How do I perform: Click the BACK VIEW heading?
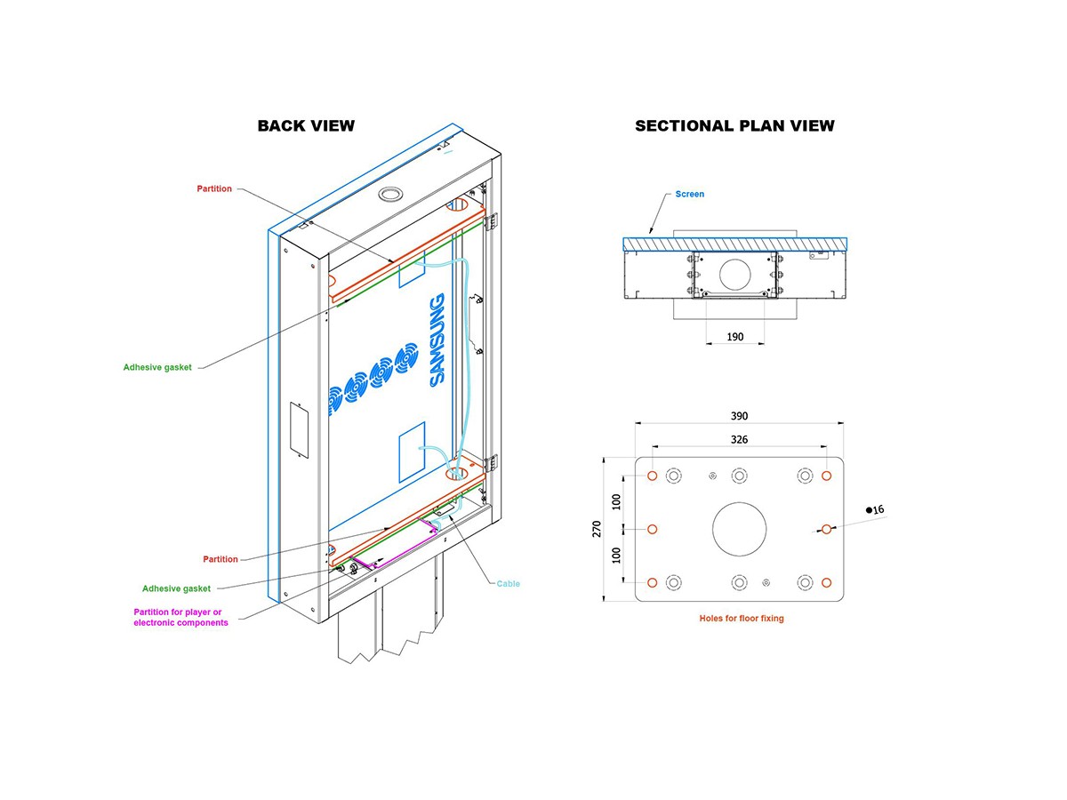(306, 125)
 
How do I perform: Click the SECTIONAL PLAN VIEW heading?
(734, 125)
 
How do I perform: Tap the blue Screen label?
(689, 194)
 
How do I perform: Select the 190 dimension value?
(734, 337)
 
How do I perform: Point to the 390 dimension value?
(739, 416)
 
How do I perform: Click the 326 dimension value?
(739, 439)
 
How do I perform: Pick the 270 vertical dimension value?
(597, 529)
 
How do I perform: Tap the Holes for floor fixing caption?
(742, 618)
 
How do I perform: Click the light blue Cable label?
(509, 584)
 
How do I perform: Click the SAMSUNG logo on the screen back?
(437, 340)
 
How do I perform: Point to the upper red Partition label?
(214, 188)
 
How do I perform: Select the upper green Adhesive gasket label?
(157, 366)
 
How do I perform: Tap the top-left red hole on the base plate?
(653, 476)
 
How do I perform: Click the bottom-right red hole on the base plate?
(826, 582)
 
